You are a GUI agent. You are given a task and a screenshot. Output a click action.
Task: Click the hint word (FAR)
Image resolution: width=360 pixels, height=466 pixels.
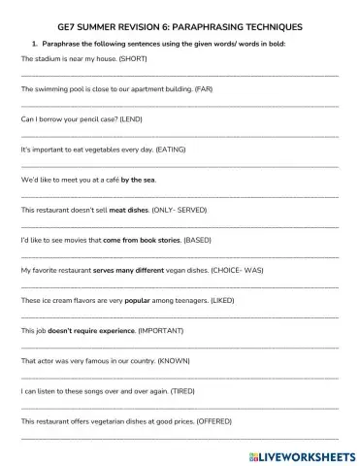203,89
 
